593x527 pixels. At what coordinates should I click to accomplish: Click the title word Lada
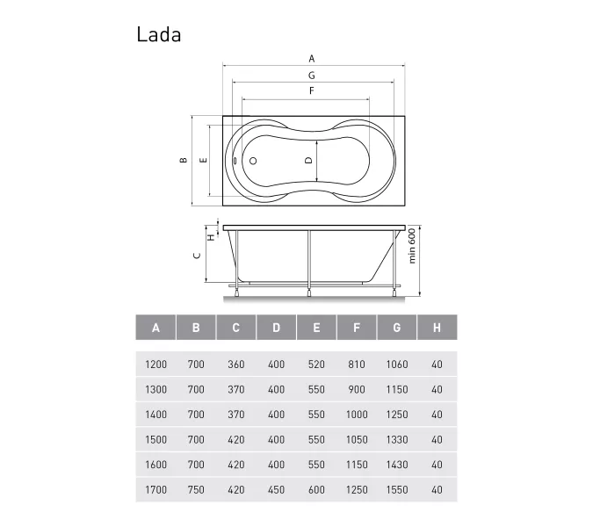(x=159, y=34)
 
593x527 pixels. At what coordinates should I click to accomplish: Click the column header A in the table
(x=156, y=328)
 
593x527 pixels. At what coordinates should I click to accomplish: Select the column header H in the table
(x=437, y=328)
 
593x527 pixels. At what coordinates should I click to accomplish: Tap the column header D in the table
(x=277, y=328)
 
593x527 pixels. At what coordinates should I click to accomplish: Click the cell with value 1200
(x=156, y=364)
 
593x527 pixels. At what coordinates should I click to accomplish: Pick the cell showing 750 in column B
(x=196, y=490)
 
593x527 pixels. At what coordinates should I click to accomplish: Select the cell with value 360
(x=236, y=364)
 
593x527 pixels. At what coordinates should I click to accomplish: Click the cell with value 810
(x=357, y=364)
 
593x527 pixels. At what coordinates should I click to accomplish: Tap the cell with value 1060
(x=397, y=364)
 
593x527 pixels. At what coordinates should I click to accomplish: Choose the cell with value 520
(x=316, y=364)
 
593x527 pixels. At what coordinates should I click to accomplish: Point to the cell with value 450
(x=277, y=490)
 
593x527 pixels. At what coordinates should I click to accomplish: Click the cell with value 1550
(x=397, y=490)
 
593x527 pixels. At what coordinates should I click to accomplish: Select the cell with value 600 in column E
(x=316, y=490)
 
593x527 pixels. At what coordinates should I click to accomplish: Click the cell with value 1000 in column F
(x=357, y=415)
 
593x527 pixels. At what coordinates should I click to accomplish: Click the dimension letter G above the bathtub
(x=312, y=76)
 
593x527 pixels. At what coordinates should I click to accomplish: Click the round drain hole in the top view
(x=252, y=162)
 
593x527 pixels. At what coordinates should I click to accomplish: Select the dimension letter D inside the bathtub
(x=307, y=161)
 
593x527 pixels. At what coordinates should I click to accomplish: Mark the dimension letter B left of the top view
(x=183, y=161)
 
